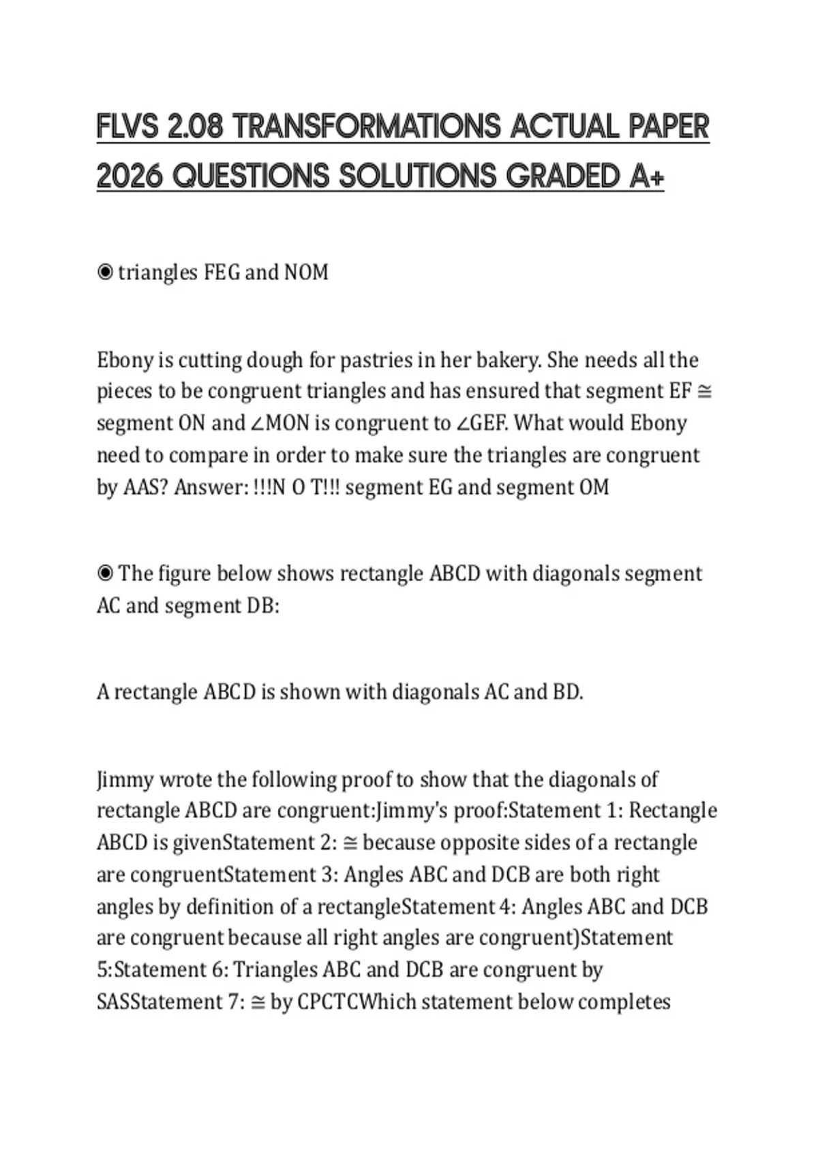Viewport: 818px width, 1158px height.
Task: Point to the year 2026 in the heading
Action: (130, 176)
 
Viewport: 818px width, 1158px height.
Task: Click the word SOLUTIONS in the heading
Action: (417, 176)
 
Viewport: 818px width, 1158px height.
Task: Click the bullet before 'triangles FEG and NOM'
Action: (105, 272)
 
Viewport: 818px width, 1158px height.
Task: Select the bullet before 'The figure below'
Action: (105, 574)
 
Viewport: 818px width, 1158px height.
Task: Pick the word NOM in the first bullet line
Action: (306, 272)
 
